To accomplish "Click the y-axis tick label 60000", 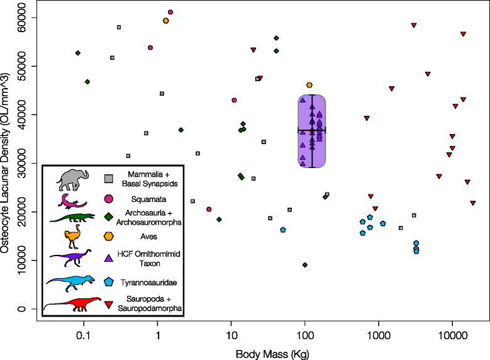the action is click(x=21, y=18).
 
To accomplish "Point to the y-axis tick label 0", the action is click(x=21, y=309).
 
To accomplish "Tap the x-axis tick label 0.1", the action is click(x=83, y=335).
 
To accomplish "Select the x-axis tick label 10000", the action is click(x=452, y=335).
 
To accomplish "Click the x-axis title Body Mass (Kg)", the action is click(x=272, y=354).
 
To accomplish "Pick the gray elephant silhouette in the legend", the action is click(x=72, y=180).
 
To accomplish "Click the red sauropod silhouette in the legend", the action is click(x=72, y=304).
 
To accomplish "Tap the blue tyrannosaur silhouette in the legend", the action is click(x=70, y=283).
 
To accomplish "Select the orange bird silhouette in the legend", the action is click(x=72, y=237).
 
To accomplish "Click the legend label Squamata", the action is click(x=148, y=200).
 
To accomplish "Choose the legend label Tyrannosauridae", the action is click(x=148, y=283).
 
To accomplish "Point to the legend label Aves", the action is click(x=148, y=237).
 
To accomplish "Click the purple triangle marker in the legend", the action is click(x=108, y=258).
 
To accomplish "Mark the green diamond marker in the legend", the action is click(x=108, y=217).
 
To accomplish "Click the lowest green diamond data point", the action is click(x=305, y=265).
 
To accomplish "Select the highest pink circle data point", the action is click(x=170, y=12).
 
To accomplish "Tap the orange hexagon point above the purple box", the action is click(x=309, y=85).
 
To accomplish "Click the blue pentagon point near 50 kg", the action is click(x=283, y=230).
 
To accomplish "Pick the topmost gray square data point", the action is click(x=119, y=27).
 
